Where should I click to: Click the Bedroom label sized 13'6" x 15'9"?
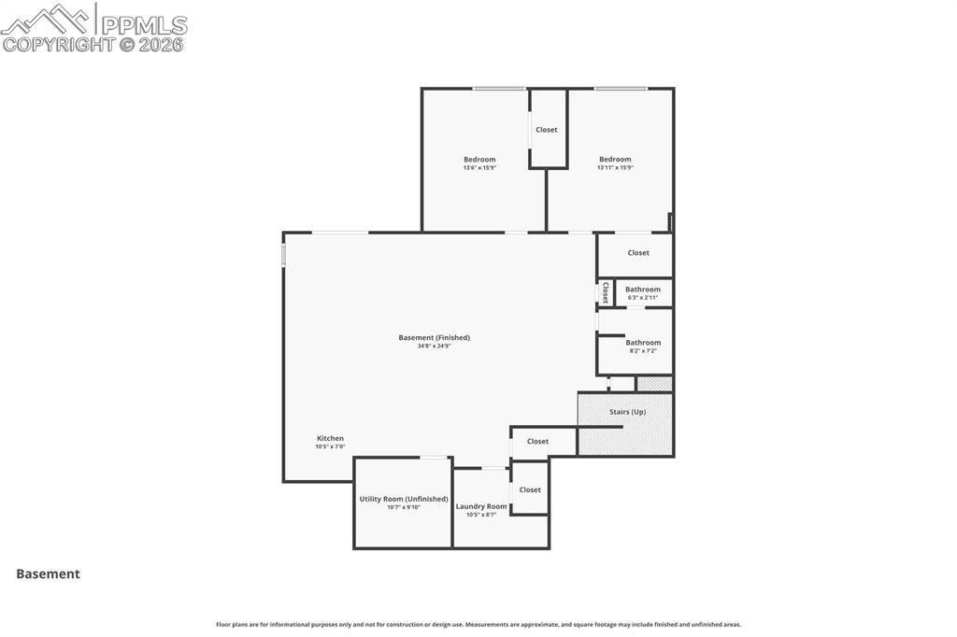pyautogui.click(x=479, y=159)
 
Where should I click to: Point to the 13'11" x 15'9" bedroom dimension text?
pyautogui.click(x=615, y=168)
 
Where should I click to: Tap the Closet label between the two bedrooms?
pyautogui.click(x=547, y=130)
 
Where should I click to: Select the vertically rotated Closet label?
pyautogui.click(x=606, y=292)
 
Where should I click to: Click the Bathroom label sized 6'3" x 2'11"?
pyautogui.click(x=643, y=290)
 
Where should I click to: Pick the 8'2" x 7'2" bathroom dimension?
pyautogui.click(x=643, y=351)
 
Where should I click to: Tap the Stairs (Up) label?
pyautogui.click(x=625, y=412)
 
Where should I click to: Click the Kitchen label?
pyautogui.click(x=330, y=438)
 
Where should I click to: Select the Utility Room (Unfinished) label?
pyautogui.click(x=404, y=499)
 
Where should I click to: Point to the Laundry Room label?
pyautogui.click(x=481, y=506)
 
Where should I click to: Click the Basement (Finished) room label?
pyautogui.click(x=435, y=337)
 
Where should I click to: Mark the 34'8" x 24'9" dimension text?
pyautogui.click(x=435, y=347)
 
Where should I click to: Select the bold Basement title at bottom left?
pyautogui.click(x=48, y=574)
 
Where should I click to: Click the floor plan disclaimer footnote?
pyautogui.click(x=478, y=625)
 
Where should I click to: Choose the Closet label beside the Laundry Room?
pyautogui.click(x=530, y=489)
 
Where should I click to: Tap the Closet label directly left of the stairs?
pyautogui.click(x=537, y=441)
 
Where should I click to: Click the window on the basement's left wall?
pyautogui.click(x=283, y=255)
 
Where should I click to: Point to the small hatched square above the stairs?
pyautogui.click(x=654, y=384)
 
